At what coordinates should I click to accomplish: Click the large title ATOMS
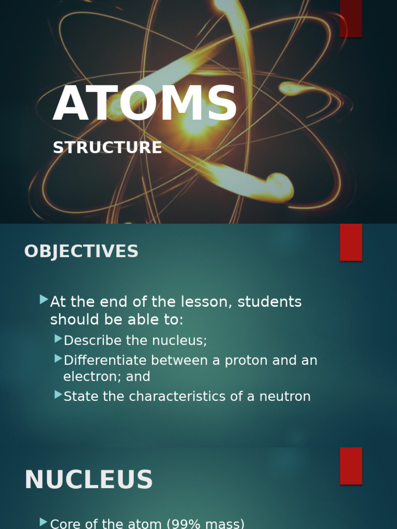pyautogui.click(x=145, y=104)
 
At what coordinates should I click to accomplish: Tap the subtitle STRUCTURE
pyautogui.click(x=108, y=148)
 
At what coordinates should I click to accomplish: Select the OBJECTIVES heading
pyautogui.click(x=81, y=252)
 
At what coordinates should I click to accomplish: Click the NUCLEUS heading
pyautogui.click(x=88, y=480)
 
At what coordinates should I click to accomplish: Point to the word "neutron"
pyautogui.click(x=287, y=397)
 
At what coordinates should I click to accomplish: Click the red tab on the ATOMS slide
pyautogui.click(x=350, y=18)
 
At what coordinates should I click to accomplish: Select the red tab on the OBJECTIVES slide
pyautogui.click(x=350, y=242)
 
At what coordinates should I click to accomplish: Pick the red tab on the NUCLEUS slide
pyautogui.click(x=350, y=465)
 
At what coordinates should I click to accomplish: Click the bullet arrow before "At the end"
pyautogui.click(x=44, y=300)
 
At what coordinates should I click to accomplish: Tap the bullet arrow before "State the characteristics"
pyautogui.click(x=58, y=395)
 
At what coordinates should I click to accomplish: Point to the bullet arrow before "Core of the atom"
pyautogui.click(x=44, y=522)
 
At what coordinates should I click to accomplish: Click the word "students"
pyautogui.click(x=269, y=302)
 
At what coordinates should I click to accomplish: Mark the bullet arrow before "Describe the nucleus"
pyautogui.click(x=58, y=339)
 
